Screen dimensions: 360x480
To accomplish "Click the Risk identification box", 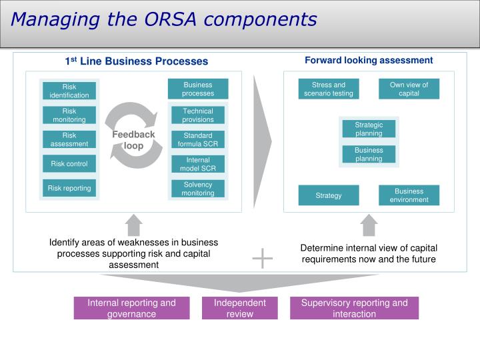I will click(x=69, y=91).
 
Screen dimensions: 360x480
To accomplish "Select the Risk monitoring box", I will click(x=69, y=115).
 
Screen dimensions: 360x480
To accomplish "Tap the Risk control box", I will click(x=69, y=163).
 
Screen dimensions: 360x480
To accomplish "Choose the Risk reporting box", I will click(x=69, y=188).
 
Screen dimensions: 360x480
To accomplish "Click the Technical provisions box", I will click(x=198, y=115).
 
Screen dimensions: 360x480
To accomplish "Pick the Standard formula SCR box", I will click(x=198, y=139).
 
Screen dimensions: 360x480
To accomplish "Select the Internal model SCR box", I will click(x=198, y=164).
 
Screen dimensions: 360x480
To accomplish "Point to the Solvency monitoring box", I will click(x=198, y=189).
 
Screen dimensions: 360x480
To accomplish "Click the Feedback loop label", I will click(x=133, y=140).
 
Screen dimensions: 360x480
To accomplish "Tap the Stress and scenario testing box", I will click(x=329, y=89).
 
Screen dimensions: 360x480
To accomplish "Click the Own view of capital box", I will click(x=409, y=89).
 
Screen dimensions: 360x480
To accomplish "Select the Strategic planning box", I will click(x=369, y=129).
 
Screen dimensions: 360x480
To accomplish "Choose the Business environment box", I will click(x=409, y=195).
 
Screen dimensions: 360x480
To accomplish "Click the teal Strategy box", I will click(x=329, y=195).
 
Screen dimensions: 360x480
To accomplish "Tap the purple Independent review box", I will click(x=239, y=308).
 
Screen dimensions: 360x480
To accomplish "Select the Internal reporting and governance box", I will click(x=131, y=308).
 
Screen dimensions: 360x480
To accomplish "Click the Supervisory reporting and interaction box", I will click(x=354, y=308).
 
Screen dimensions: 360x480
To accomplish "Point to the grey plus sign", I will click(x=263, y=258).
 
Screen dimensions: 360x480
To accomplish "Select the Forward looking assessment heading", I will click(x=369, y=61).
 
